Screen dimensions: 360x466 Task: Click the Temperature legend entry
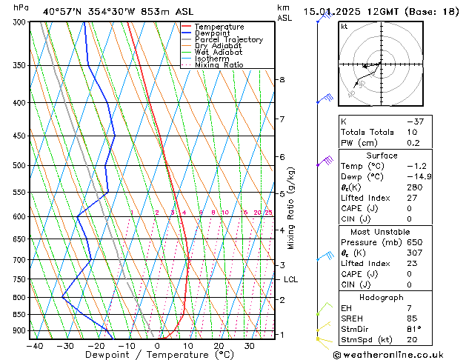pyautogui.click(x=220, y=27)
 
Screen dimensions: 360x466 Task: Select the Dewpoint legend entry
pyautogui.click(x=215, y=33)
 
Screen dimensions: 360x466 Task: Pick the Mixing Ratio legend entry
pyautogui.click(x=219, y=65)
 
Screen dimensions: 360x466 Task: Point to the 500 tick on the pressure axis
pyautogui.click(x=17, y=166)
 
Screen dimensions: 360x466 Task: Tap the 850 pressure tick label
pyautogui.click(x=17, y=315)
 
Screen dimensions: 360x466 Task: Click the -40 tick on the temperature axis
pyautogui.click(x=34, y=346)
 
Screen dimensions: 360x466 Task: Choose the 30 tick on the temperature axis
pyautogui.click(x=250, y=346)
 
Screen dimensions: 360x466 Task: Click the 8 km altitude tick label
pyautogui.click(x=282, y=80)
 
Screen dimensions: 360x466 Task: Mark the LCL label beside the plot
pyautogui.click(x=291, y=279)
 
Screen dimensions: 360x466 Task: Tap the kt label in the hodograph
pyautogui.click(x=344, y=27)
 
